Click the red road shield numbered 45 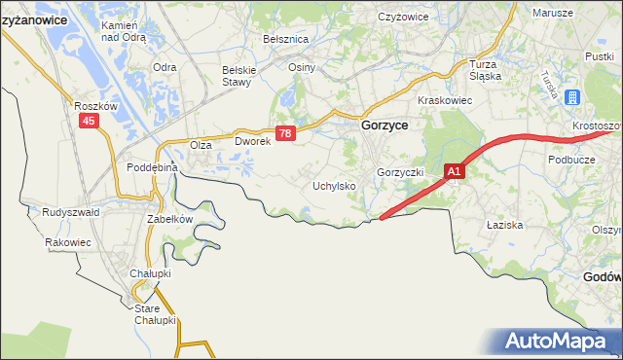[90, 120]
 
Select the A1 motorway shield [455, 171]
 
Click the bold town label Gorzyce [385, 126]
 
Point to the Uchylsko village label [334, 185]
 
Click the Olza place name [201, 145]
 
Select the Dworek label [251, 141]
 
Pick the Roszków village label [95, 105]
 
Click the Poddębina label [152, 167]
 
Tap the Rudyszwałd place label [70, 211]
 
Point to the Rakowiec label [67, 242]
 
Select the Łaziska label [505, 225]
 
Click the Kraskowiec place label [444, 100]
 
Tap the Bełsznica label [285, 39]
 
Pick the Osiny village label [301, 67]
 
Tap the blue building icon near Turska [571, 98]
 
